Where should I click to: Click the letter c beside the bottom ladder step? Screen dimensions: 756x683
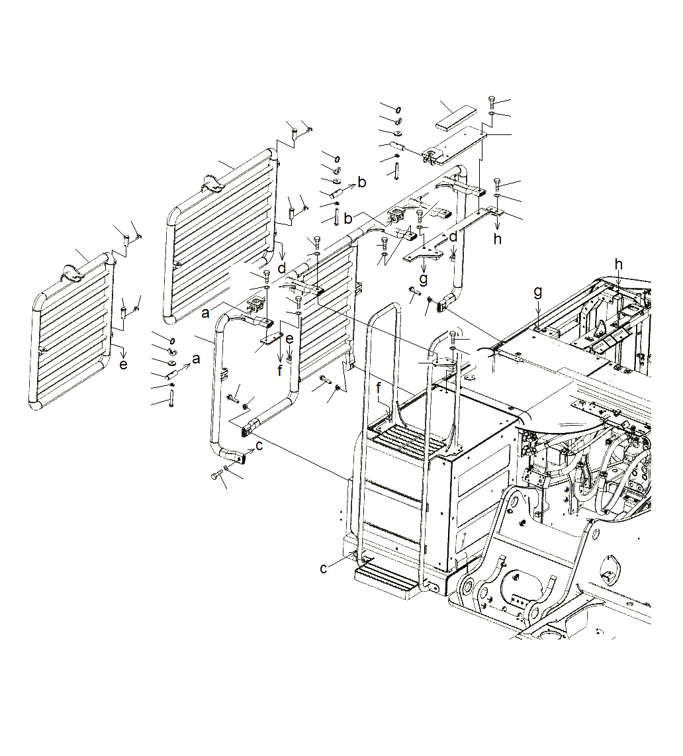coord(323,568)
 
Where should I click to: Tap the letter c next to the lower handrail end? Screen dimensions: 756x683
coord(259,446)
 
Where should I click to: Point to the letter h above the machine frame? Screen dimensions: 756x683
coord(618,264)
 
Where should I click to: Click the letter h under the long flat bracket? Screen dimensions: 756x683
coord(497,239)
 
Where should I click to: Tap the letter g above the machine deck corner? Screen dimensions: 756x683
coord(538,291)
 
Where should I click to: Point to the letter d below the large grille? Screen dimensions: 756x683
coord(283,268)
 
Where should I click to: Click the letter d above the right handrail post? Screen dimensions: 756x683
coord(453,236)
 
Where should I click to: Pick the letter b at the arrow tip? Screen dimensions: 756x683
coord(361,183)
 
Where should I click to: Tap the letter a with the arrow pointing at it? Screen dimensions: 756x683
coord(195,358)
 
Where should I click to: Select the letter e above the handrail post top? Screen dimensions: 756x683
coord(289,339)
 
